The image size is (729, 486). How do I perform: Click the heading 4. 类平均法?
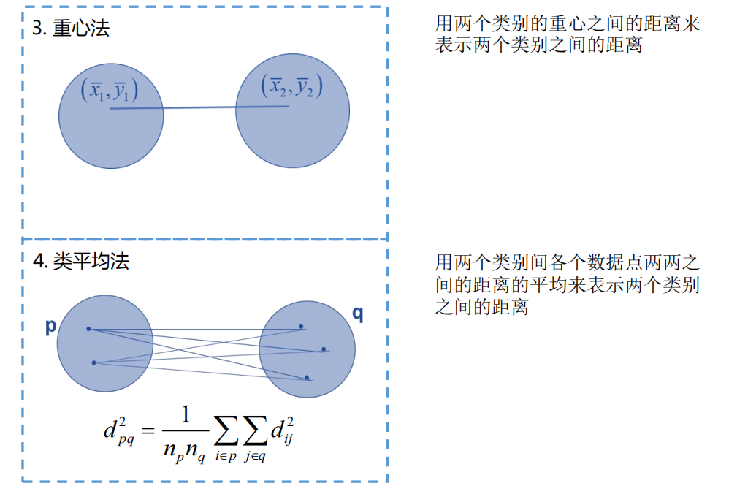[81, 261]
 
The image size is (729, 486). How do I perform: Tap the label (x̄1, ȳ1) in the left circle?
[110, 91]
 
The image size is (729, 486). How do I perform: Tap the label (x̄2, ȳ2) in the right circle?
[291, 86]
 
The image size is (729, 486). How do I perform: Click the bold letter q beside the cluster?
[358, 314]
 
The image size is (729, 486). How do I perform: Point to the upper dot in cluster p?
[88, 329]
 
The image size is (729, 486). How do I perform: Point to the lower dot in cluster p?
[94, 362]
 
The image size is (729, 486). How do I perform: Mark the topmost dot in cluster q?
[301, 327]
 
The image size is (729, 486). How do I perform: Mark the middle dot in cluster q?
[324, 349]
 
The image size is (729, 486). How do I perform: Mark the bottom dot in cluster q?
[307, 377]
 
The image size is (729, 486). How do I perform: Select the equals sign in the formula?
[150, 432]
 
